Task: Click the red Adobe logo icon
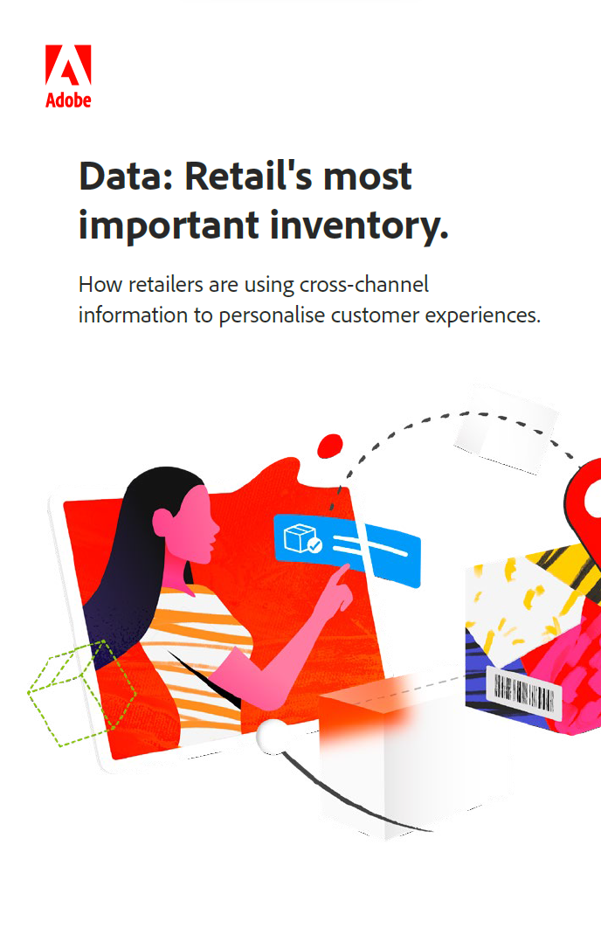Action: (x=68, y=65)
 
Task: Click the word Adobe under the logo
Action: (x=68, y=100)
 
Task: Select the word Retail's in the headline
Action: (x=248, y=177)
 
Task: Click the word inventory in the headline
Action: (x=359, y=226)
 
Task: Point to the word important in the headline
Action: (x=169, y=226)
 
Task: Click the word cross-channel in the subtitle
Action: (x=363, y=285)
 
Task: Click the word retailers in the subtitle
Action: (x=166, y=285)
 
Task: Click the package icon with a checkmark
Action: (x=303, y=538)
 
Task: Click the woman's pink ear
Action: (x=162, y=523)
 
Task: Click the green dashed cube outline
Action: (x=82, y=693)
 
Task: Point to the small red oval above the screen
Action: (x=329, y=446)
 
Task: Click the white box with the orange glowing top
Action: (x=393, y=758)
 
